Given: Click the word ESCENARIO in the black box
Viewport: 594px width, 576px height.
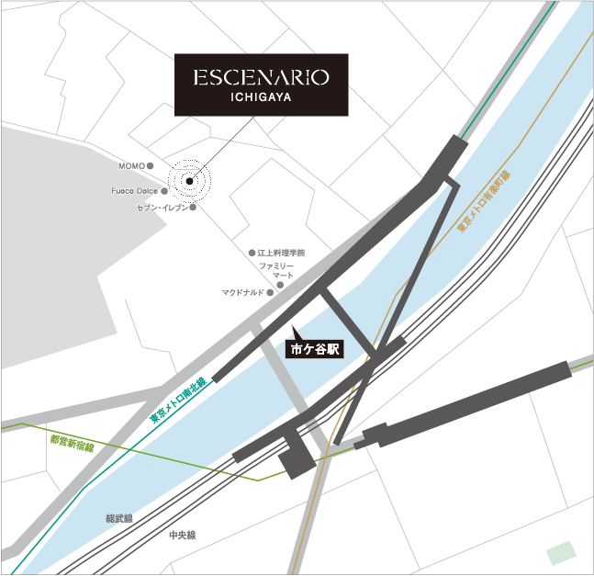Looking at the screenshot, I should coord(261,75).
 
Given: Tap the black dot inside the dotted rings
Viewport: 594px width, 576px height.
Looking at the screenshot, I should coord(189,181).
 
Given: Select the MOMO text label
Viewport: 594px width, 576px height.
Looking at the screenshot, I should coord(131,166).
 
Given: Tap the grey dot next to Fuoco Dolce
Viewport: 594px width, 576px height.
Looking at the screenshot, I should coord(164,192).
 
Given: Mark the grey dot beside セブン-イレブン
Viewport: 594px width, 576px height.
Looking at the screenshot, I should coord(193,208).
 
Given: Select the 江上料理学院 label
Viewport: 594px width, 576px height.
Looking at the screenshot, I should coord(280,253).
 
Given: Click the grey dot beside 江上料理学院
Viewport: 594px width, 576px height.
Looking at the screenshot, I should coord(251,253).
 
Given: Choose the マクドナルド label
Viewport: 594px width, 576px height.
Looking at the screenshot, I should coord(242,293).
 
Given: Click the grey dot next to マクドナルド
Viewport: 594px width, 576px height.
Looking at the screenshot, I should coord(270,293).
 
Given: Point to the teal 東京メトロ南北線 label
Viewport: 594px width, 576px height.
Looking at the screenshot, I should coord(178,399).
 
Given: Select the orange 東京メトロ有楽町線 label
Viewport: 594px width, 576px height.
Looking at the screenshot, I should coord(483,200).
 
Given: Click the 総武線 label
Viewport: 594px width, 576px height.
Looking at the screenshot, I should coord(118,519).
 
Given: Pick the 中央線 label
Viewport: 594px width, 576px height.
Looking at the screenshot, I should coord(182,535).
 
